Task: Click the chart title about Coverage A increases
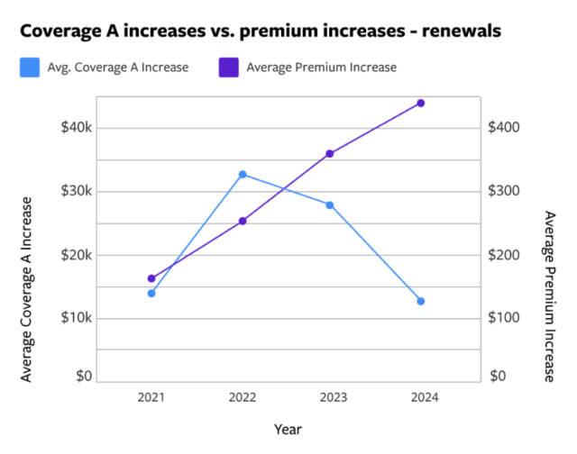tap(261, 31)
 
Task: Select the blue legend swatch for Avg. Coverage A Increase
tap(30, 67)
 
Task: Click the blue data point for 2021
tap(151, 293)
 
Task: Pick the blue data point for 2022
tap(242, 174)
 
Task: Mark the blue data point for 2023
tap(330, 205)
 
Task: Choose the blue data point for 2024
tap(420, 301)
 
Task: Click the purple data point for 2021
tap(151, 278)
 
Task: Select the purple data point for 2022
tap(242, 221)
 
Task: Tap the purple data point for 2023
tap(330, 154)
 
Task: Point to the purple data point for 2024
tap(420, 103)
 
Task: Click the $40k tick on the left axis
tap(77, 128)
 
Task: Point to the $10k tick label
tap(77, 318)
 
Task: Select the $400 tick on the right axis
tap(504, 128)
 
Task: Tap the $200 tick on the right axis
tap(504, 255)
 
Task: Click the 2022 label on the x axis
tap(242, 396)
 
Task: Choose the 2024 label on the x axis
tap(420, 396)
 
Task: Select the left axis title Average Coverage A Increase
tap(27, 288)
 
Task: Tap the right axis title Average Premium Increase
tap(550, 296)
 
